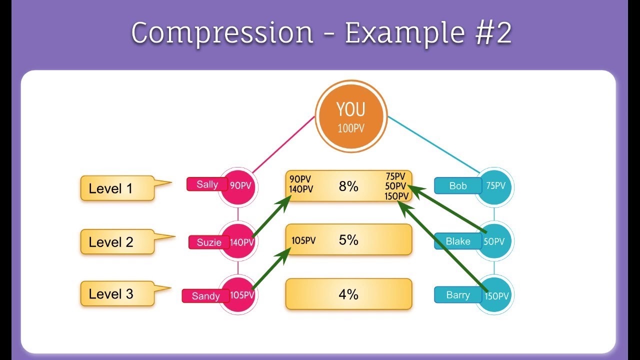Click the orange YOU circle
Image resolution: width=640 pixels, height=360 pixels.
(351, 116)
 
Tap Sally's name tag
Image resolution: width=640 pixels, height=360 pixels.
(206, 184)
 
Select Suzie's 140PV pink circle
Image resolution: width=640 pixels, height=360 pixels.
(239, 242)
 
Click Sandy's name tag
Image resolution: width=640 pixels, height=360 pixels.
(205, 296)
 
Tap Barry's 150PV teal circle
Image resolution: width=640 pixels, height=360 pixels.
(495, 296)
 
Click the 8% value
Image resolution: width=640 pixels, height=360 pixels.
(348, 186)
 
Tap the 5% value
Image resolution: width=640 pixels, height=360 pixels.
(348, 240)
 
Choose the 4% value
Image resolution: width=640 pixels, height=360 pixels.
(348, 294)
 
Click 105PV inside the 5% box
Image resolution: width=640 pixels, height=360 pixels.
(303, 240)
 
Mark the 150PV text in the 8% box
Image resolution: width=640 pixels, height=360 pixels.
(396, 196)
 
